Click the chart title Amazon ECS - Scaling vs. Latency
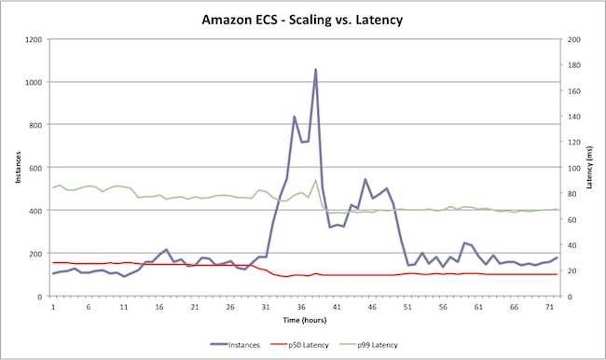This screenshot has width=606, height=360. click(x=303, y=18)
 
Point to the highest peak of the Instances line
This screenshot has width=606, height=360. click(x=315, y=70)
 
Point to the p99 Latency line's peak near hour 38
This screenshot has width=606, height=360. click(x=315, y=181)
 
